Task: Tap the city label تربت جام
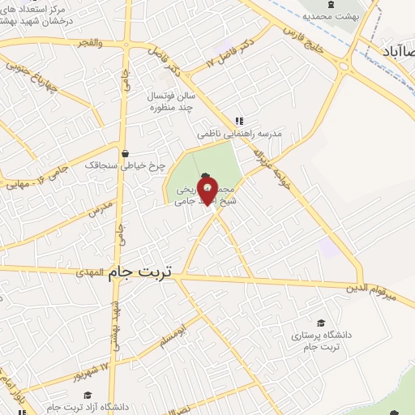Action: point(140,273)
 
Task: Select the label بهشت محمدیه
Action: point(330,15)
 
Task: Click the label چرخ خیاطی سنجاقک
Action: point(126,165)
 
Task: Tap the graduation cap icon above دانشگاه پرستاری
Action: point(322,323)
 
